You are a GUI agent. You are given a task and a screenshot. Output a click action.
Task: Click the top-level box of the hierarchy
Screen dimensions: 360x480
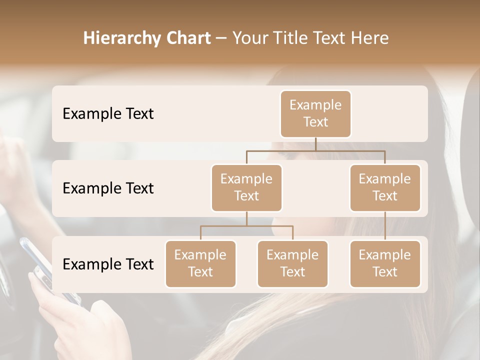pyautogui.click(x=315, y=113)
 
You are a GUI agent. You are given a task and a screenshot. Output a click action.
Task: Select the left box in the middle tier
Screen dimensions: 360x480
pyautogui.click(x=246, y=187)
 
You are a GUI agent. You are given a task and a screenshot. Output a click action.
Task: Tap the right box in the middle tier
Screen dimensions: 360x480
pyautogui.click(x=385, y=187)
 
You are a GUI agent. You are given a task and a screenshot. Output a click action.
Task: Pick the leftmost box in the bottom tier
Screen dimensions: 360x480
pyautogui.click(x=200, y=263)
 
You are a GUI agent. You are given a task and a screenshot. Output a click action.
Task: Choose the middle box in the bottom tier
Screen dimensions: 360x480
pyautogui.click(x=292, y=263)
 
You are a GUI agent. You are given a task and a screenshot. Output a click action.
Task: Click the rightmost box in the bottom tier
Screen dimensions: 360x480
pyautogui.click(x=385, y=263)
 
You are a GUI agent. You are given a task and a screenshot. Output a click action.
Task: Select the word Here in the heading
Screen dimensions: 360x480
pyautogui.click(x=370, y=38)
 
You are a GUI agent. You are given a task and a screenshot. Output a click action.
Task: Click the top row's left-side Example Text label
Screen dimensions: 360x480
pyautogui.click(x=108, y=113)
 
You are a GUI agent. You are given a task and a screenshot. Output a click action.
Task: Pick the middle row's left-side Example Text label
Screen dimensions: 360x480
pyautogui.click(x=108, y=188)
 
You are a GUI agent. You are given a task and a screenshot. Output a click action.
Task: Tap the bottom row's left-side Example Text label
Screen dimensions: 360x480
pyautogui.click(x=108, y=264)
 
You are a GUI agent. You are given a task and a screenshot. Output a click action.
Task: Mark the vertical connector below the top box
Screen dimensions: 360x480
pyautogui.click(x=315, y=144)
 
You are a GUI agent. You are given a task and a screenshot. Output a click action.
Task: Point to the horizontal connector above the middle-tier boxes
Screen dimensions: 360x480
pyautogui.click(x=315, y=150)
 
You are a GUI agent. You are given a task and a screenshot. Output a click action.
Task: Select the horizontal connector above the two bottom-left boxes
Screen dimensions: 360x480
pyautogui.click(x=246, y=226)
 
